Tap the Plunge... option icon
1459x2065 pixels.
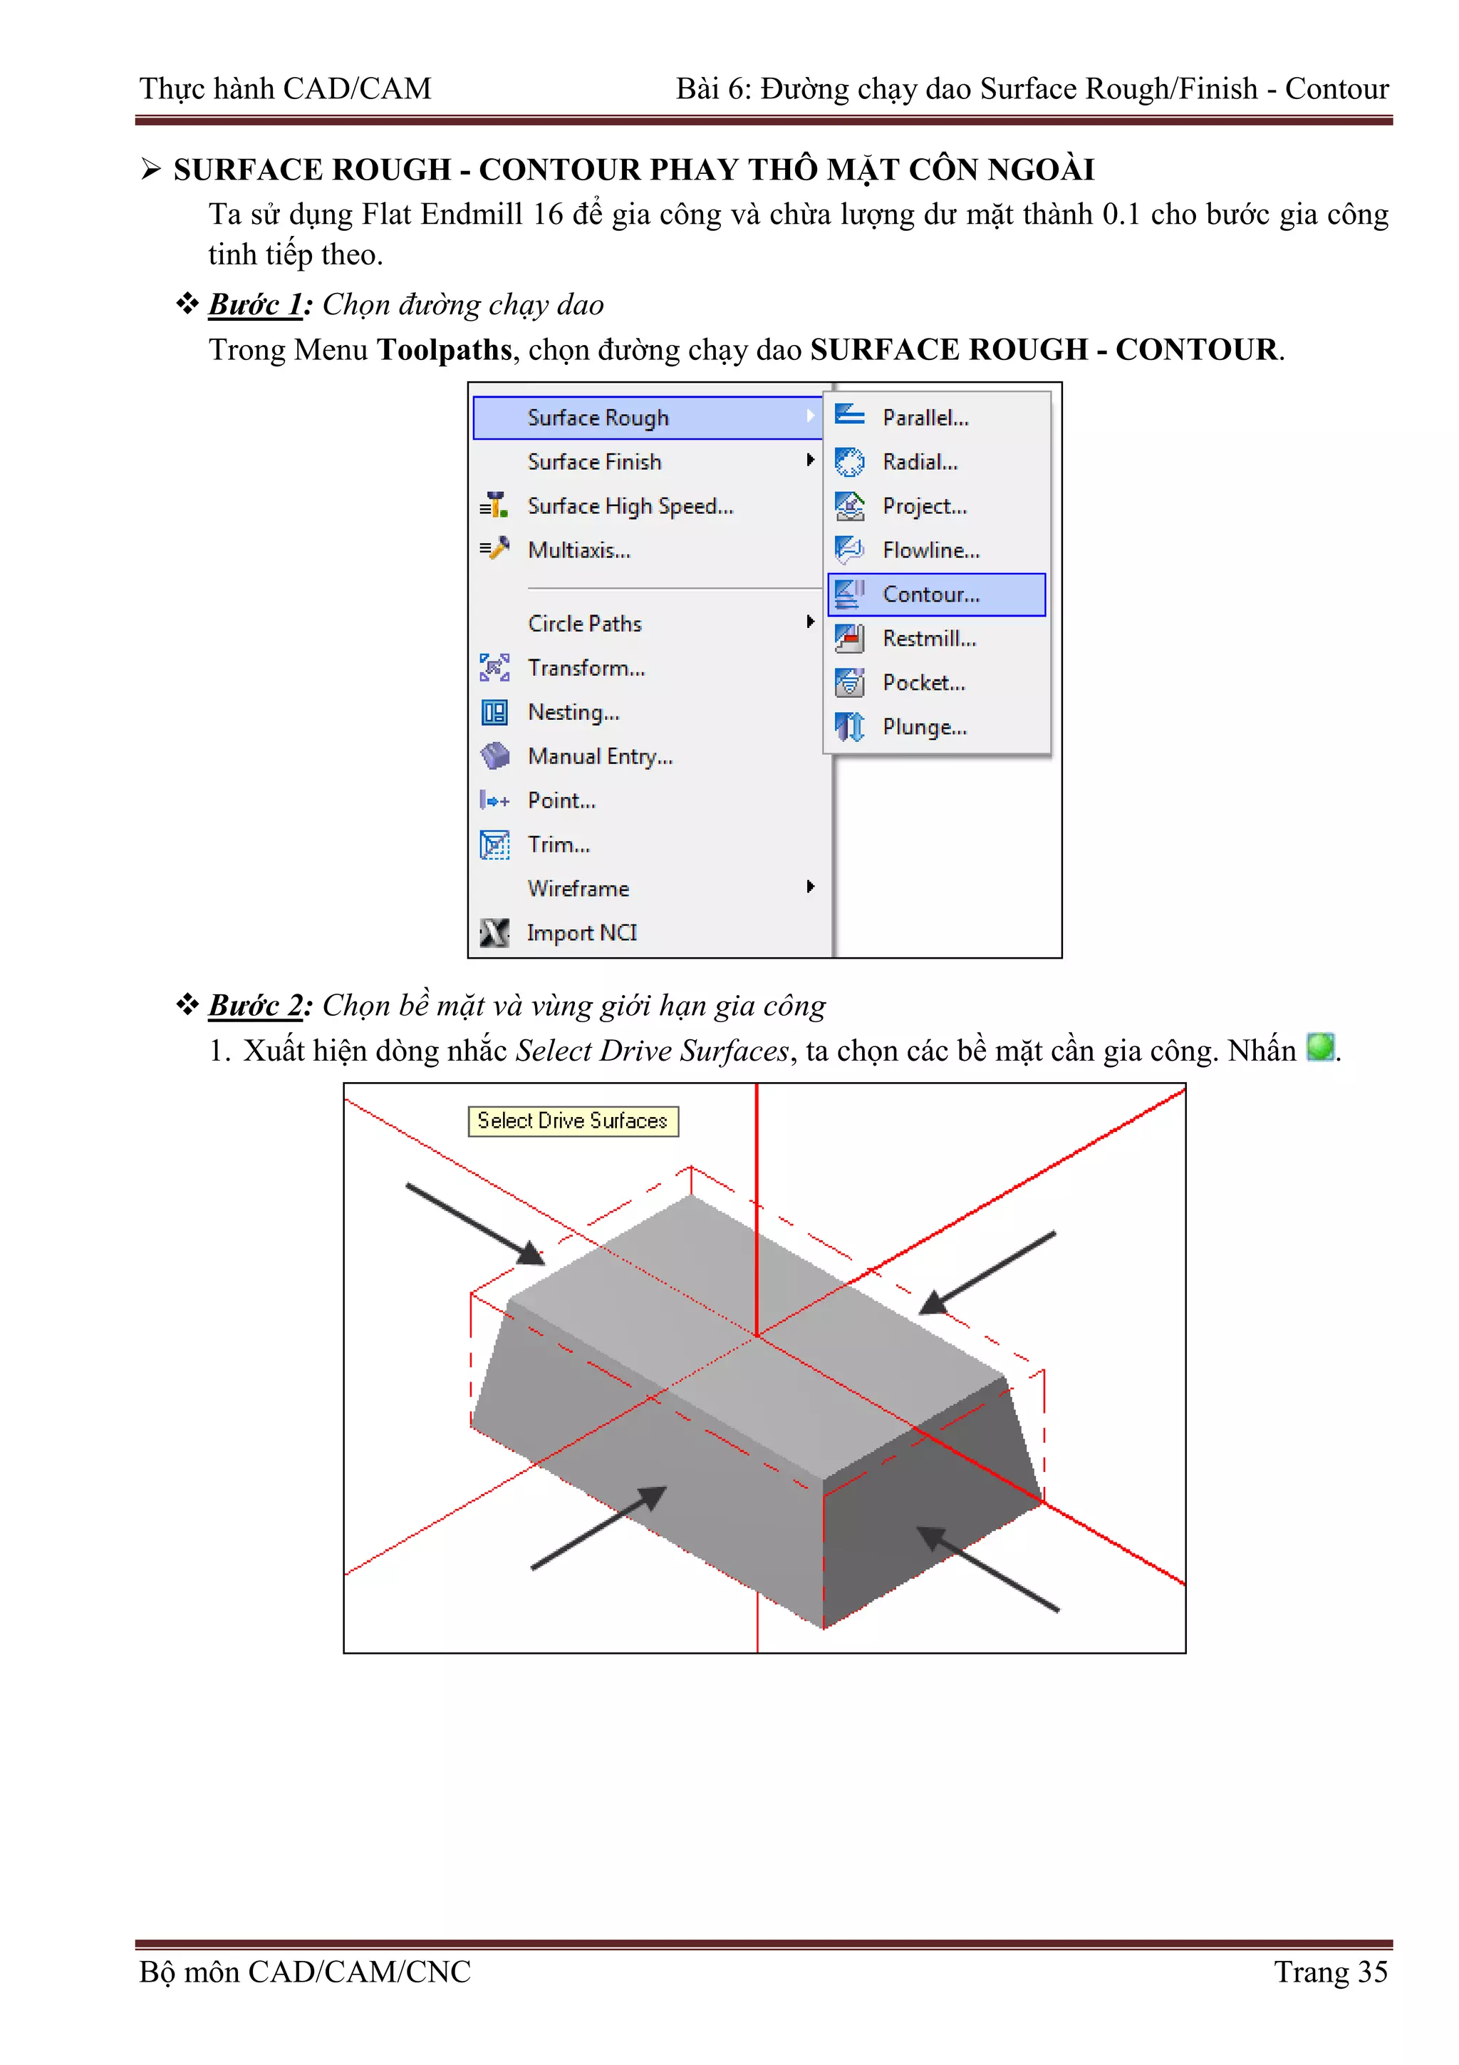(849, 727)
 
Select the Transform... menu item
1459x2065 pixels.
(586, 668)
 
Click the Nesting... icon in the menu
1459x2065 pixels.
(494, 712)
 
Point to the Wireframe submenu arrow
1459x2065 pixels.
(810, 887)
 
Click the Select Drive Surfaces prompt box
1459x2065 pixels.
(573, 1121)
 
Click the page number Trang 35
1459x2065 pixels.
(1331, 1972)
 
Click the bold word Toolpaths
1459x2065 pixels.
(444, 350)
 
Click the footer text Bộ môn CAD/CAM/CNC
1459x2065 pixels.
(305, 1972)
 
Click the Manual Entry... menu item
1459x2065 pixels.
(600, 756)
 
